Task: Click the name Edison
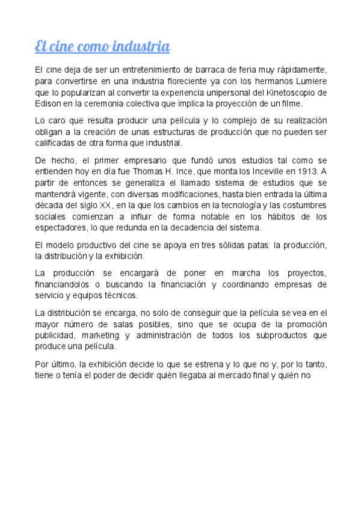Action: [48, 104]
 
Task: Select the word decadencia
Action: [206, 228]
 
